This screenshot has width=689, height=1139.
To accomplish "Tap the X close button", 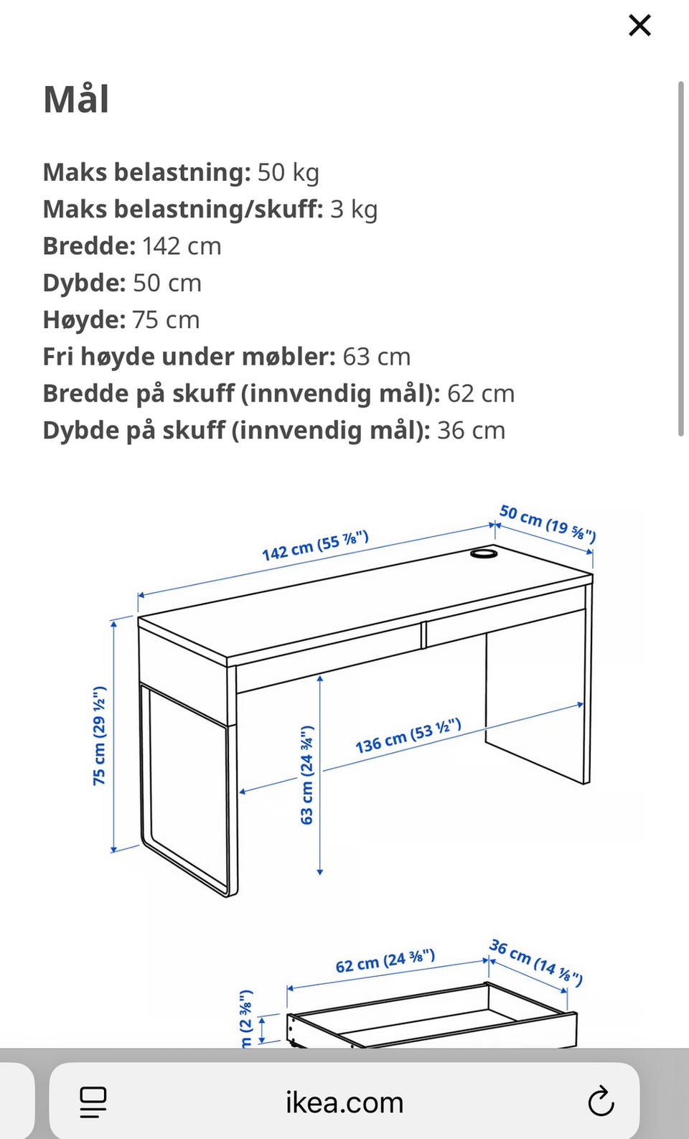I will [x=639, y=26].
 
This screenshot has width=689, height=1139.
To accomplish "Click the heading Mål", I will [x=76, y=99].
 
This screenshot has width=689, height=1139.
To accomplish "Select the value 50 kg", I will [x=288, y=172].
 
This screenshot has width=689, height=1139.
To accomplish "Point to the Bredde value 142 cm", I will [x=182, y=246].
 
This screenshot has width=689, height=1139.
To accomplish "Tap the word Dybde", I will [x=84, y=283].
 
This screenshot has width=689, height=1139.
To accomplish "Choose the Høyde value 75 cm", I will [x=166, y=320].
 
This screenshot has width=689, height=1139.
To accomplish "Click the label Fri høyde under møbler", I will [x=189, y=357].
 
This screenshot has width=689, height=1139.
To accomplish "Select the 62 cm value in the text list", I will [x=481, y=393].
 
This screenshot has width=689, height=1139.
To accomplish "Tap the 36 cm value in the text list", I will [x=471, y=431].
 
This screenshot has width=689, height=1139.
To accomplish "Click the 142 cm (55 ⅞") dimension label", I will [x=315, y=546].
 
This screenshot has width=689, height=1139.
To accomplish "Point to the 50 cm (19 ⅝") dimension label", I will [x=548, y=522].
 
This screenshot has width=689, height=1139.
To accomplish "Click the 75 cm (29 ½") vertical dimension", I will [x=99, y=736].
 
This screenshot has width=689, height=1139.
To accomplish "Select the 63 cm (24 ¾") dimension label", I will [x=306, y=775].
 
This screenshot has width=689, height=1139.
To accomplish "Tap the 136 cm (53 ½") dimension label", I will [x=408, y=736].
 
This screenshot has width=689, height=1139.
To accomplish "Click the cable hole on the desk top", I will [x=484, y=553].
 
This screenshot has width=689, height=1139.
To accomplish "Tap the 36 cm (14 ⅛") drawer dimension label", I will [x=535, y=962].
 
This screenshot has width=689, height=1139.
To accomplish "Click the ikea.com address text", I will [x=344, y=1102].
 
